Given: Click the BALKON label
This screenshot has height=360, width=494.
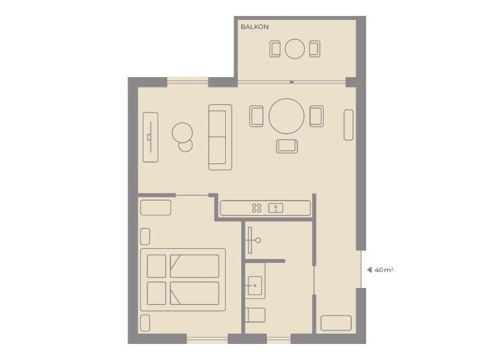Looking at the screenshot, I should point(254,27).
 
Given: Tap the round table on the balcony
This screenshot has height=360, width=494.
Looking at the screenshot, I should point(295,49).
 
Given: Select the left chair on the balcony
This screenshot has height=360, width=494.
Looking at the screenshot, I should point(275,49).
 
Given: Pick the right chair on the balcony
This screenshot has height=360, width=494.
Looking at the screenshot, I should point(314,49).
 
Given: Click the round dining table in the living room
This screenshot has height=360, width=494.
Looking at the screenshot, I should point(286,116).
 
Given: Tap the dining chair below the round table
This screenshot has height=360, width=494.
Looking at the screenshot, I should point(287,146).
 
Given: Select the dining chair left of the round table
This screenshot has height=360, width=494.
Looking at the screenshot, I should point(257,116).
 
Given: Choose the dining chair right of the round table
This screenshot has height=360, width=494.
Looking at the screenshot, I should point(316,116).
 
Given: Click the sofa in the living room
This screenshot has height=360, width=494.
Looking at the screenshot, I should point(219,137).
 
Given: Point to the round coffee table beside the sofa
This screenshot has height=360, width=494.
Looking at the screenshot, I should point(183,134).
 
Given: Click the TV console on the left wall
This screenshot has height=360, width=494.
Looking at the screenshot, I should point(150,137).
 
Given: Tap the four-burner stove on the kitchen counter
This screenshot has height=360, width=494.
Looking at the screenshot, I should point(256,208).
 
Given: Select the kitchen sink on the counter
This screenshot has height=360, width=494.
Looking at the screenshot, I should point(276,208).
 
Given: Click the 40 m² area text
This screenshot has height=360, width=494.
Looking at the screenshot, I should point(384,270).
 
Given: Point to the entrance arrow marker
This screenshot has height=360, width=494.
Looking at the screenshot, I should point(369,270).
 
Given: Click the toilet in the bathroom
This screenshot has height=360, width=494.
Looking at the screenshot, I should point(255,315).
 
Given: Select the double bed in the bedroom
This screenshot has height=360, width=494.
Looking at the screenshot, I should point(183,280).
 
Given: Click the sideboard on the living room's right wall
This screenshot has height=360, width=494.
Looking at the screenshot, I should point(348,125).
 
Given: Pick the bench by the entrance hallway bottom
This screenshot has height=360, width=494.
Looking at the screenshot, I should point(336,323).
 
